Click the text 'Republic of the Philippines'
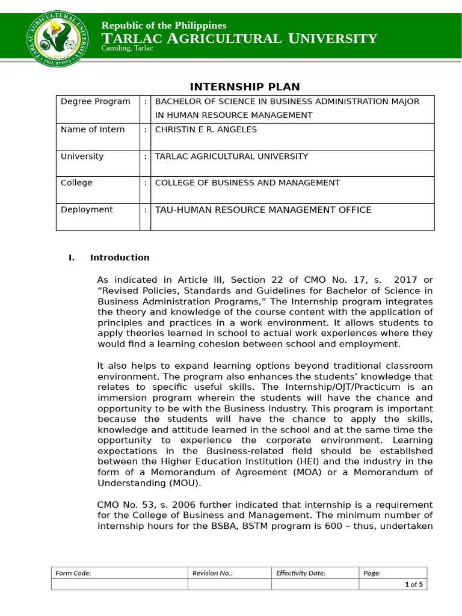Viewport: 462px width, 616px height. click(164, 25)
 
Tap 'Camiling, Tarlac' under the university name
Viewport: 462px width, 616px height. click(128, 48)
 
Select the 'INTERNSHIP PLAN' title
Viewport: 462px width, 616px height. click(245, 87)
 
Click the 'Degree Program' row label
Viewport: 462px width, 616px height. click(95, 102)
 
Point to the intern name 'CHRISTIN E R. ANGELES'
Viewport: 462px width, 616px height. click(206, 129)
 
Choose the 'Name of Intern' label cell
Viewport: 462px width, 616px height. click(93, 129)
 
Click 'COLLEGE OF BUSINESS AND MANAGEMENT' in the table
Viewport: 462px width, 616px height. click(247, 183)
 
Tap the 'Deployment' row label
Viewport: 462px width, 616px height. click(87, 209)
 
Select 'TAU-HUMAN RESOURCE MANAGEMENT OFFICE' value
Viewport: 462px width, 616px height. click(263, 210)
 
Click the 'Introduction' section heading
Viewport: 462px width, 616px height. click(120, 257)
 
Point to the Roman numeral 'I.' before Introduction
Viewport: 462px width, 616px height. click(72, 257)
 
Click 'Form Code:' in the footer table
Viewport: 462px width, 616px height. click(73, 573)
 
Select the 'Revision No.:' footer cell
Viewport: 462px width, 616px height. click(212, 573)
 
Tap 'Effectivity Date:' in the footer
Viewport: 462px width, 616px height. click(300, 573)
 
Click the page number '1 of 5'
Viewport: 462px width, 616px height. click(414, 585)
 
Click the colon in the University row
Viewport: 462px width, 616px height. click(145, 156)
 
